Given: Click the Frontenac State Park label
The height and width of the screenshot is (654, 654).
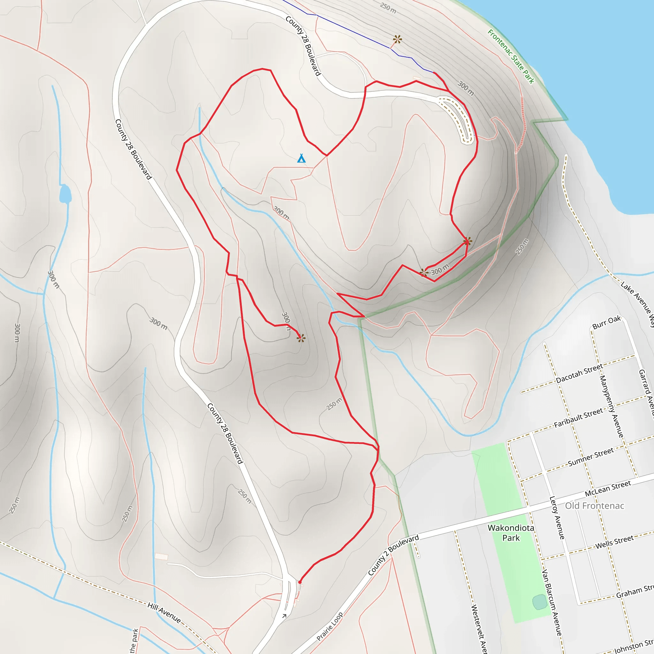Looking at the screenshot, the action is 511,57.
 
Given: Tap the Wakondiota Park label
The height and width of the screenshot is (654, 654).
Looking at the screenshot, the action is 511,533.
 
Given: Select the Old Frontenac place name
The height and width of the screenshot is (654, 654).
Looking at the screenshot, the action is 594,506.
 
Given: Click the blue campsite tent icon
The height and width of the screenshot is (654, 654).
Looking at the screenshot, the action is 301,158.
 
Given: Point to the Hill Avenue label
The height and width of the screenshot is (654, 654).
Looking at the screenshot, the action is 164,612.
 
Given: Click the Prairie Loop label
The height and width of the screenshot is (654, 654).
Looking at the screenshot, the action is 330,627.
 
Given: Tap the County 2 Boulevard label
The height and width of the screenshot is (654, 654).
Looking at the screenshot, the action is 393,555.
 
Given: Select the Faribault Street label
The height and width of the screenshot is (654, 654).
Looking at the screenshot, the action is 578,418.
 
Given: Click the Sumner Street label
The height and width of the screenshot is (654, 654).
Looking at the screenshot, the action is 591,457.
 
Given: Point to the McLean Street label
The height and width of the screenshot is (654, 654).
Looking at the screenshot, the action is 608,489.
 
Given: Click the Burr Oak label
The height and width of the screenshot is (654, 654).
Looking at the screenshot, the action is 607,322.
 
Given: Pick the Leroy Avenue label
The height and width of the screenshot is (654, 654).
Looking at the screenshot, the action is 557,518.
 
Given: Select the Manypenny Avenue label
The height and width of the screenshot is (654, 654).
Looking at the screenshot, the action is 612,406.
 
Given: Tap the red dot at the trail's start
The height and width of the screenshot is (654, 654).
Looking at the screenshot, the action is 300,582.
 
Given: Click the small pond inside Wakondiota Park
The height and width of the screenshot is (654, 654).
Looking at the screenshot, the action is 540,602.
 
